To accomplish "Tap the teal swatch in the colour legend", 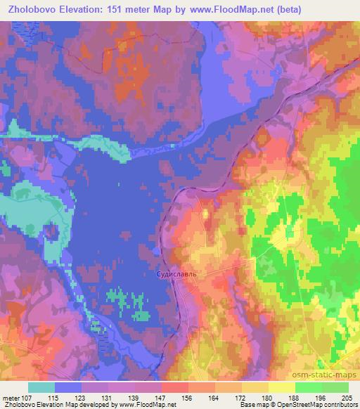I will tap(41, 387).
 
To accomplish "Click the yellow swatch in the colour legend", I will tap(281, 387).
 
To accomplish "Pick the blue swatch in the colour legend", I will tap(68, 387).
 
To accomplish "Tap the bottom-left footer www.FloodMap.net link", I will tap(148, 405).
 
